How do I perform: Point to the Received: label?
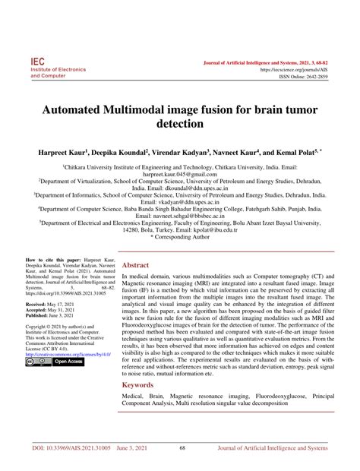(x=40, y=302)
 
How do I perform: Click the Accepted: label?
(x=40, y=308)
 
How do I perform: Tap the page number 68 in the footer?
(x=182, y=449)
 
